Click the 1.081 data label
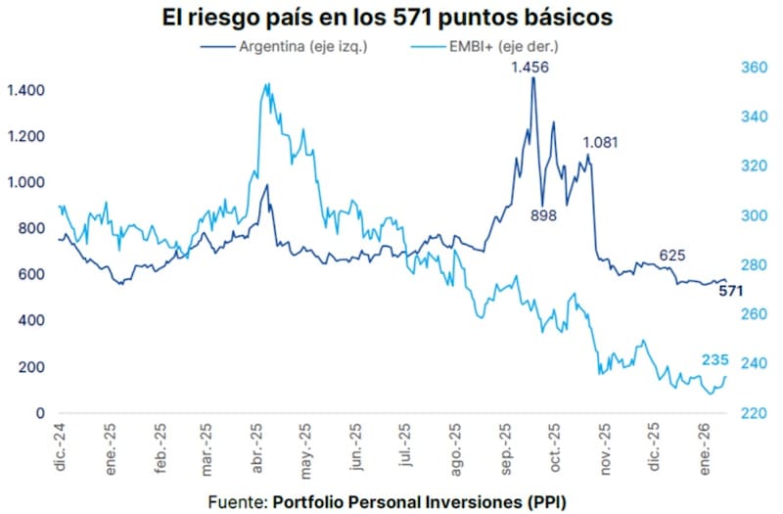click(600, 143)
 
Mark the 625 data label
click(671, 256)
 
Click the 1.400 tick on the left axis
click(24, 90)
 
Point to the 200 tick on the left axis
click(32, 367)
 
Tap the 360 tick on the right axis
click(753, 68)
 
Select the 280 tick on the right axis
click(753, 265)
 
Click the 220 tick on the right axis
click(753, 413)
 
